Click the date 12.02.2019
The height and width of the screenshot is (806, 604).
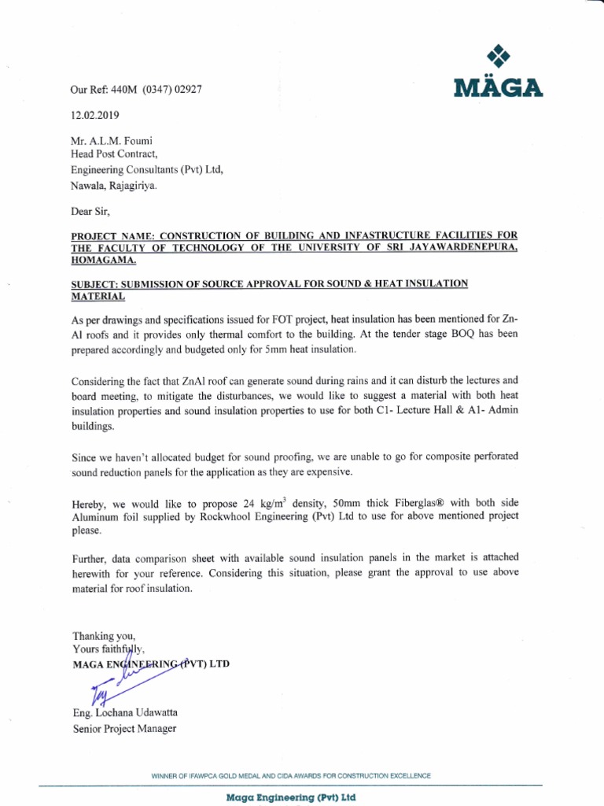pyautogui.click(x=96, y=115)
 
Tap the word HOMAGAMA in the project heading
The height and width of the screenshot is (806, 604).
pyautogui.click(x=103, y=260)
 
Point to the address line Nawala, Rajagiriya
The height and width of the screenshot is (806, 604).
pyautogui.click(x=114, y=187)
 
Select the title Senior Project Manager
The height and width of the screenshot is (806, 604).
pyautogui.click(x=124, y=728)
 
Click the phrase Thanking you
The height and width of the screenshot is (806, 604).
pyautogui.click(x=104, y=635)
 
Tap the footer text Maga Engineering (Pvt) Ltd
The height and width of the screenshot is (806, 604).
pyautogui.click(x=291, y=797)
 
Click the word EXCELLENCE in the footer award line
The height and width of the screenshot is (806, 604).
pyautogui.click(x=405, y=776)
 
